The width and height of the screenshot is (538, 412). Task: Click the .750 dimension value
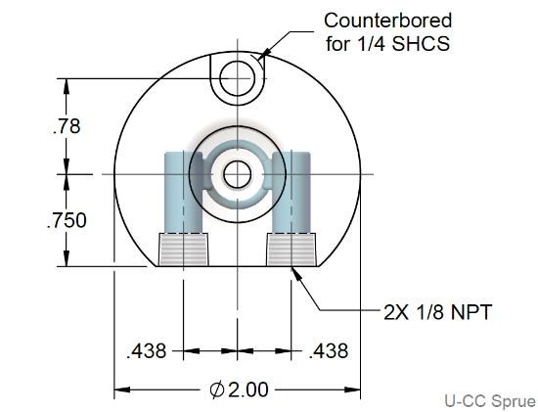point(67,220)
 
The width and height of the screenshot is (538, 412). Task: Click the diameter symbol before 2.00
point(217,389)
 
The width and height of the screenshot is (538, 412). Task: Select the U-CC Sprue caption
point(489,401)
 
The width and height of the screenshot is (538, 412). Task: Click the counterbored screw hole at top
point(237,78)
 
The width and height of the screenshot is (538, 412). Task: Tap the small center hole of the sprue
point(237,175)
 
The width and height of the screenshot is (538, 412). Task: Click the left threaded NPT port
point(182,250)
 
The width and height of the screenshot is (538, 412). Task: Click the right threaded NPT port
point(292,250)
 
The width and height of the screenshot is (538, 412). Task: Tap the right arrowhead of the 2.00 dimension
point(353,389)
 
